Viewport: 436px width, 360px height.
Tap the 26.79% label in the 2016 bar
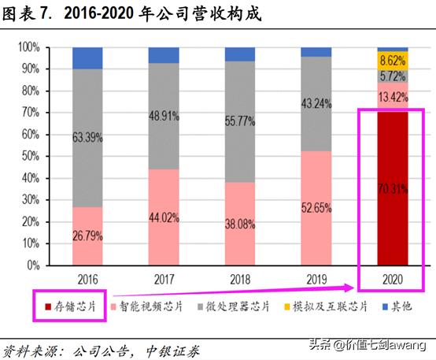tap(87, 236)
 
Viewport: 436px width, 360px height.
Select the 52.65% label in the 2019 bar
tap(316, 208)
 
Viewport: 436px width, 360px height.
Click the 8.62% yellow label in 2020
tap(393, 59)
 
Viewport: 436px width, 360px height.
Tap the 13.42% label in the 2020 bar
tap(393, 97)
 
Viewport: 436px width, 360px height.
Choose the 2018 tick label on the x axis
tap(240, 278)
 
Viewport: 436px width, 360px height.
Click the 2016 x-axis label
tap(87, 278)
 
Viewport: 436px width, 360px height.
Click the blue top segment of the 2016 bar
tap(87, 58)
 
